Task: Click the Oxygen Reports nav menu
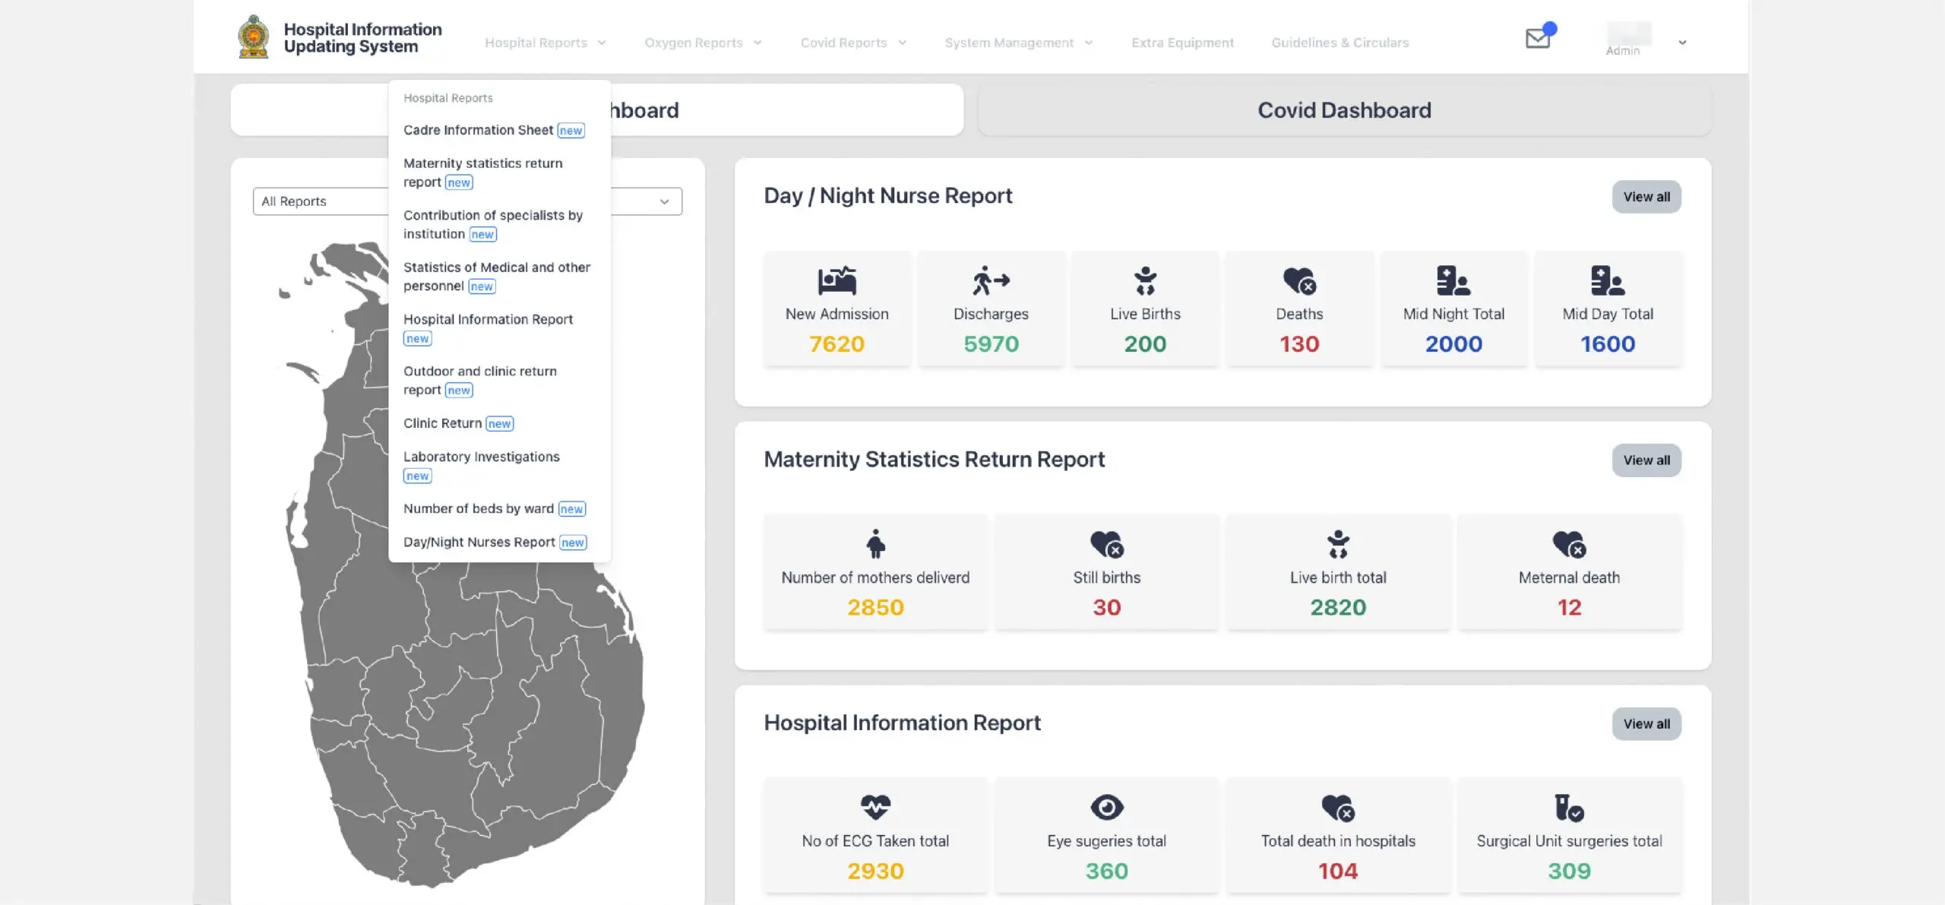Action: [x=702, y=43]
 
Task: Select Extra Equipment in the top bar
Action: [x=1182, y=43]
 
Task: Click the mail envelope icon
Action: [x=1538, y=38]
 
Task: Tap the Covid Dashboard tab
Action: [x=1344, y=110]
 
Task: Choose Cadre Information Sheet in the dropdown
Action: [x=479, y=130]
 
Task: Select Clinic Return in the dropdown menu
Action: [x=443, y=423]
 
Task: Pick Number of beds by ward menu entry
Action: [x=479, y=508]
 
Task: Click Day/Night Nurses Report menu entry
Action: [x=479, y=542]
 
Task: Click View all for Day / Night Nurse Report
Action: [x=1646, y=197]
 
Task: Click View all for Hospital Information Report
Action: [x=1646, y=724]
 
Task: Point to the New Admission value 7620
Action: [x=837, y=344]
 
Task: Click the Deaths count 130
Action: [x=1299, y=344]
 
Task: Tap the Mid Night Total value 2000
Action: [x=1453, y=344]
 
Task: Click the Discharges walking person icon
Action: [x=991, y=280]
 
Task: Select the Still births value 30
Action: [x=1107, y=608]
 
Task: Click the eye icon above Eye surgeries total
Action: [x=1107, y=807]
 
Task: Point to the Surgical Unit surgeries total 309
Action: [x=1569, y=871]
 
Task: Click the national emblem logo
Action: [x=254, y=37]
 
